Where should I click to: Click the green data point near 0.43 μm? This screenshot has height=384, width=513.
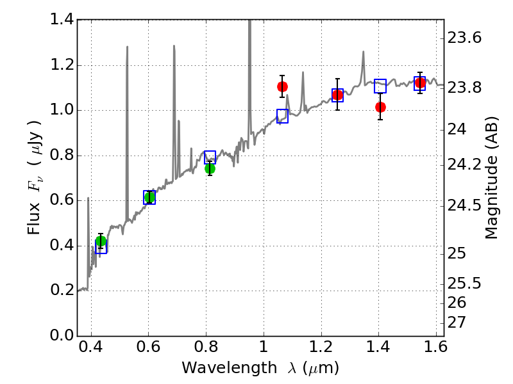(x=101, y=241)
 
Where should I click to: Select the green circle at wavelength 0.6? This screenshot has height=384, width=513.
(x=149, y=197)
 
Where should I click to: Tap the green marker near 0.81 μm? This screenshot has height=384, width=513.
(x=210, y=168)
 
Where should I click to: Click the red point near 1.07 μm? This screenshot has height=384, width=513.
(x=282, y=86)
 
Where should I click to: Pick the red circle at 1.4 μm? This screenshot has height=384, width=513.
(x=380, y=107)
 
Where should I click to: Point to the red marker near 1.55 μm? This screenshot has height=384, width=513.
(x=420, y=83)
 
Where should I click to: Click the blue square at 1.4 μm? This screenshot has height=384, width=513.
(x=380, y=86)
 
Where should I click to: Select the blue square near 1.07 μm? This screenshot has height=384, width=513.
(x=282, y=116)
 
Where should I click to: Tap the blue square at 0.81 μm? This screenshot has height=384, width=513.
(x=210, y=157)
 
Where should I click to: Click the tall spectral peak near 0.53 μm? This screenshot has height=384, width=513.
(x=127, y=47)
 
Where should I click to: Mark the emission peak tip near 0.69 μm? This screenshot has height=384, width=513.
(x=174, y=46)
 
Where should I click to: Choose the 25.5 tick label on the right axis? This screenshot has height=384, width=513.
(x=464, y=283)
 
